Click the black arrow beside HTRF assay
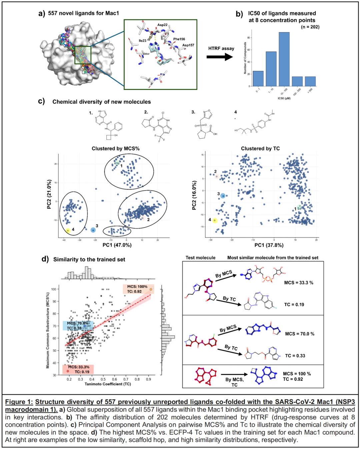pos(220,57)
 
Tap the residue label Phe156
pos(179,39)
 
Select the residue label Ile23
pos(142,41)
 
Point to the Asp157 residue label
pos(188,45)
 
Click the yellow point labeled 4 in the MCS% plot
pos(68,230)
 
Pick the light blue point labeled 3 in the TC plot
pos(223,196)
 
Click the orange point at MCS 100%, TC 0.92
pos(151,289)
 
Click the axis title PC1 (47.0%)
pos(117,245)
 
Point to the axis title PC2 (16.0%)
pos(194,195)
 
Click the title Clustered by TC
pos(260,149)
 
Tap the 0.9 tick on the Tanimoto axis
pos(148,379)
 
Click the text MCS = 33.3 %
pos(299,282)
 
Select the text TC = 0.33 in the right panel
pos(295,356)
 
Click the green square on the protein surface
pos(83,55)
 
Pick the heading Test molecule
pos(200,257)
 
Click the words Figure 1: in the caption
pos(19,402)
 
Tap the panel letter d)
pos(45,259)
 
